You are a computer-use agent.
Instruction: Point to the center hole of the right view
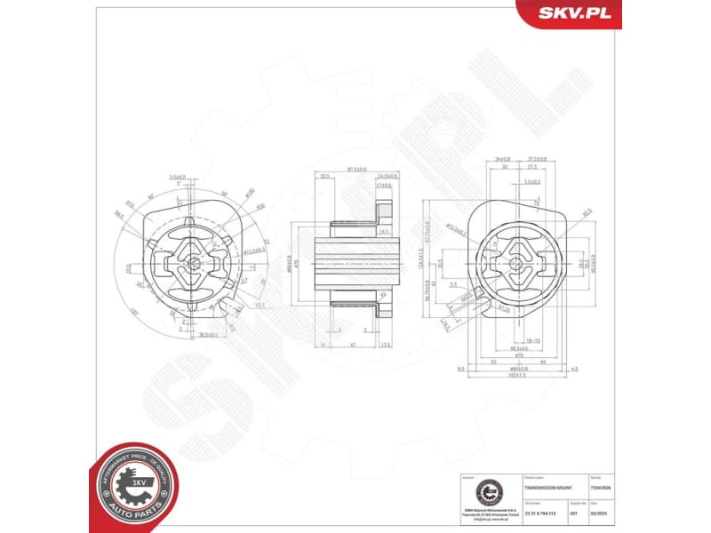click(515, 263)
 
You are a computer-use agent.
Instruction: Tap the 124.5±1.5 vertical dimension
click(420, 263)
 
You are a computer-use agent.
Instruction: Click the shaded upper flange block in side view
click(384, 213)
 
